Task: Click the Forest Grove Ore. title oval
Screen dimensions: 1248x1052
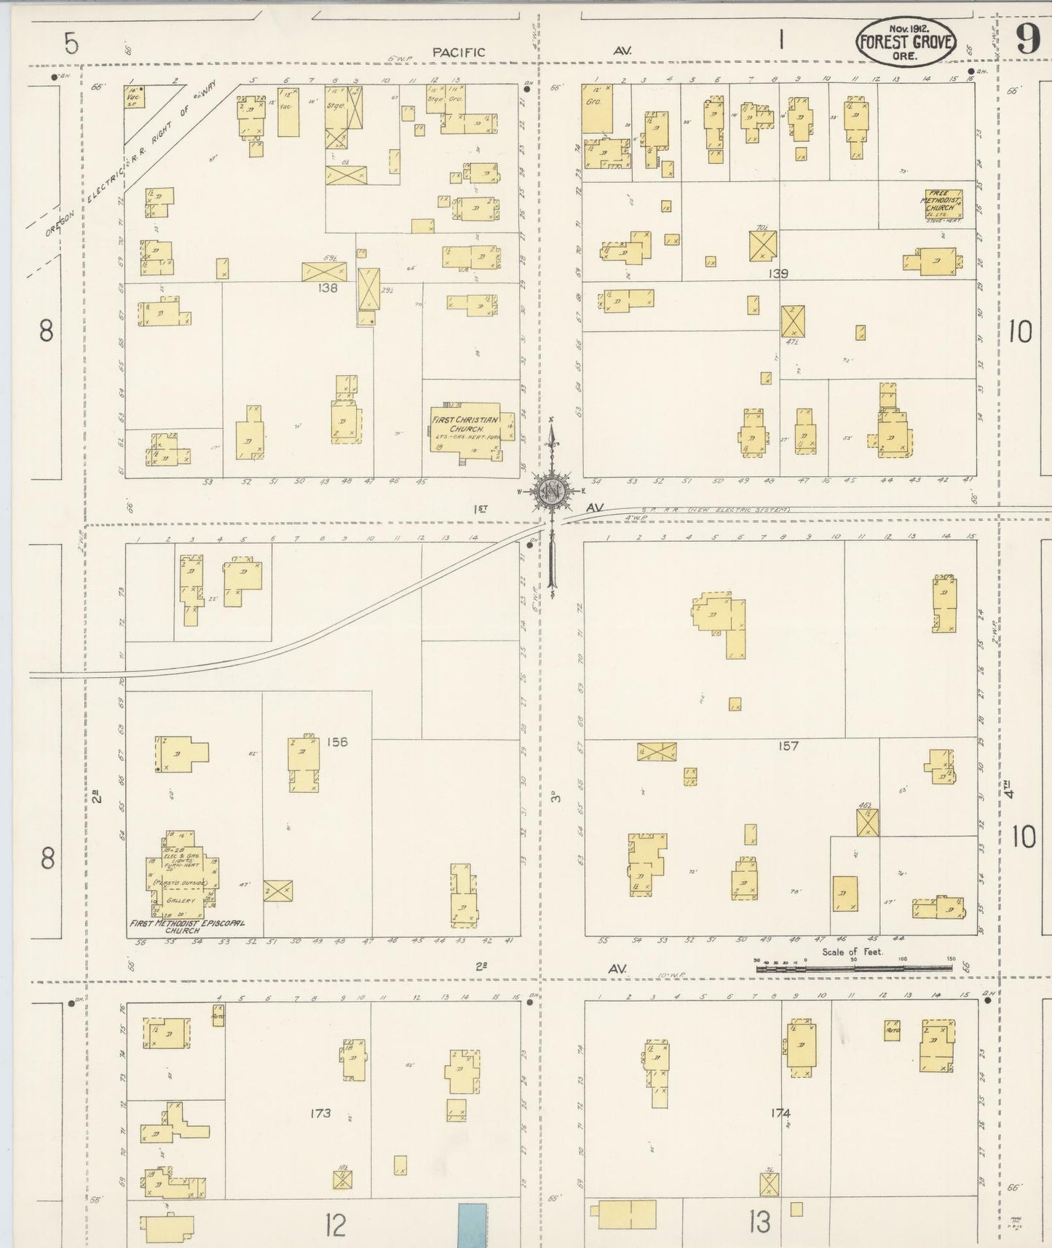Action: click(906, 42)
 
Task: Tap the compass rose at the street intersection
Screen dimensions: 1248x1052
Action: click(552, 492)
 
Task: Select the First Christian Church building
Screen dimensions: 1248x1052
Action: click(464, 427)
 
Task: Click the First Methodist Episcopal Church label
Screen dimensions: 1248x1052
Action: click(186, 926)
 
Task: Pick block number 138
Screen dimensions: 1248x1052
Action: click(328, 288)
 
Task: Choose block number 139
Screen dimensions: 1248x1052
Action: click(778, 274)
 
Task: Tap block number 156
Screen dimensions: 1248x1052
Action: click(337, 742)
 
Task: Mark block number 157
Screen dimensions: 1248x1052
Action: click(788, 746)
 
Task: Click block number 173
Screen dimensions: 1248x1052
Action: click(320, 1113)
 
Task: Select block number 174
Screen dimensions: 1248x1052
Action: click(780, 1113)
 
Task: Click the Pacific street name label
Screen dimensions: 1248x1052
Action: click(458, 52)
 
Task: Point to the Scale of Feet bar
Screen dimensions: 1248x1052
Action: click(853, 968)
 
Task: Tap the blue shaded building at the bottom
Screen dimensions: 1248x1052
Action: click(472, 1225)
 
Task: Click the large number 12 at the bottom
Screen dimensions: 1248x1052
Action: click(335, 1226)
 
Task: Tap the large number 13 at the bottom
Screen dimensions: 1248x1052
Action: click(759, 1223)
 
